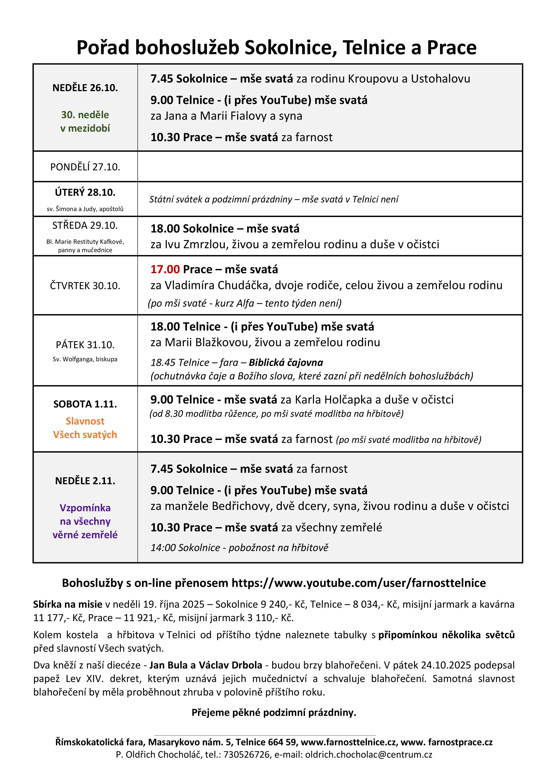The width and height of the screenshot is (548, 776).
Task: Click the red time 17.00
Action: [165, 269]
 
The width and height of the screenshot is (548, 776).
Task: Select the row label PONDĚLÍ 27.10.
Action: [85, 167]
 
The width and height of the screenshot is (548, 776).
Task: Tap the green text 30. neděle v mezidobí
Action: [85, 122]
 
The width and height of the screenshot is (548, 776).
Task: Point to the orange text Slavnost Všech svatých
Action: [85, 428]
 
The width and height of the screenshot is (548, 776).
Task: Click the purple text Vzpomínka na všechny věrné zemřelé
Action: [85, 521]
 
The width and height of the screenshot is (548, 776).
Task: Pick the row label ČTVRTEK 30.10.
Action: [85, 286]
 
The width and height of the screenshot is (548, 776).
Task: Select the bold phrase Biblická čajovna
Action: [286, 363]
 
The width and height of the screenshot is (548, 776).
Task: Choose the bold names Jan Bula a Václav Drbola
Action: [206, 665]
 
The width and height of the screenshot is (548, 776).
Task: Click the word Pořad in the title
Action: [103, 47]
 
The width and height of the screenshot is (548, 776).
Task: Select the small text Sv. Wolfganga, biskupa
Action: [85, 359]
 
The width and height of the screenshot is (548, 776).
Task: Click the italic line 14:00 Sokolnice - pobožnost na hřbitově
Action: [239, 547]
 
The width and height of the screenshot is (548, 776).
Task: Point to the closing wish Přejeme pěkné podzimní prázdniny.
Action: [274, 713]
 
